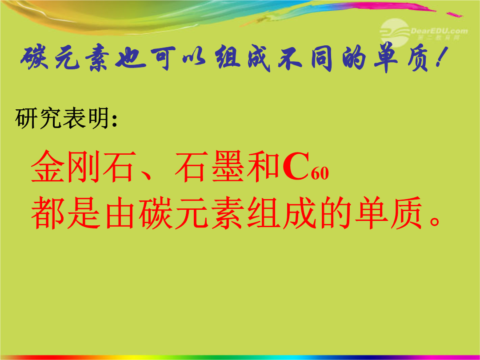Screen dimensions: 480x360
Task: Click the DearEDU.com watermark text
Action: pyautogui.click(x=439, y=31)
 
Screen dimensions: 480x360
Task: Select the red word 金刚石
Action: pyautogui.click(x=83, y=167)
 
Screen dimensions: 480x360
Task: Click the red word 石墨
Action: pyautogui.click(x=209, y=167)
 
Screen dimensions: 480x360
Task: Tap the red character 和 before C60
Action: pyautogui.click(x=263, y=167)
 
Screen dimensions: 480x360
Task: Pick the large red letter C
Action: pyautogui.click(x=296, y=167)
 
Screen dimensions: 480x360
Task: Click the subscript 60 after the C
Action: pyautogui.click(x=320, y=174)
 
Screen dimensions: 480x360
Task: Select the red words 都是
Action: pyautogui.click(x=66, y=213)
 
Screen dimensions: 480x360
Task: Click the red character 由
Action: pyautogui.click(x=120, y=213)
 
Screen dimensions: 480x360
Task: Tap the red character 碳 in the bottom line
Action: pyautogui.click(x=155, y=213)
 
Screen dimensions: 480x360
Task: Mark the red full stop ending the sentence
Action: pyautogui.click(x=435, y=221)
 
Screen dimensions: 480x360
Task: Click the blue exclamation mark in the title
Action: pyautogui.click(x=441, y=57)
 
